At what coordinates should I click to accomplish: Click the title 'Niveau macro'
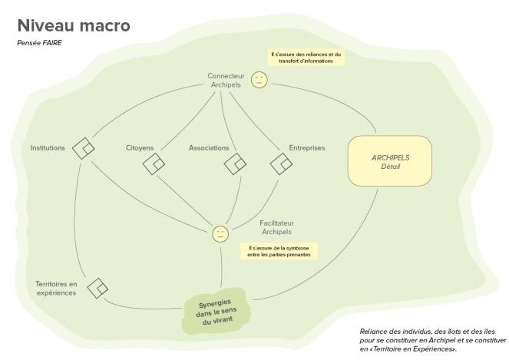[x=74, y=25]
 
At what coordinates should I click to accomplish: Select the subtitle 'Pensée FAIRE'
[x=39, y=43]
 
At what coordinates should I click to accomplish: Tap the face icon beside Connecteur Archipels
[x=259, y=80]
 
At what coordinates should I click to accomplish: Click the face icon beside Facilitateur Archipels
[x=220, y=233]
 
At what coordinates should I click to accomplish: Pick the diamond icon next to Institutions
[x=84, y=148]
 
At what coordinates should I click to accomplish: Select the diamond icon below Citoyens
[x=154, y=164]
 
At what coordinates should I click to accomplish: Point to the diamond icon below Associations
[x=235, y=164]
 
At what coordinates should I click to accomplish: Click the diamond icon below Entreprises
[x=281, y=164]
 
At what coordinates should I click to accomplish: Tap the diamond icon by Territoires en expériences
[x=98, y=288]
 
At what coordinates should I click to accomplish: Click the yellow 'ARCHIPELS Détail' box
[x=390, y=161]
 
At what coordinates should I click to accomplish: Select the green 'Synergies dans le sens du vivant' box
[x=216, y=312]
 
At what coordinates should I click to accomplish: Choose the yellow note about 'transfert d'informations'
[x=306, y=58]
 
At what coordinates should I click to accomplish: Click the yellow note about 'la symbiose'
[x=279, y=251]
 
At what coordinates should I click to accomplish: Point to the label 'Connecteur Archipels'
[x=226, y=80]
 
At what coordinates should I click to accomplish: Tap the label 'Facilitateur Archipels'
[x=277, y=227]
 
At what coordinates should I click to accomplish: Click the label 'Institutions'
[x=48, y=148]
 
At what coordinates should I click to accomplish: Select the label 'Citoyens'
[x=140, y=148]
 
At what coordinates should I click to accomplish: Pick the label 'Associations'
[x=209, y=148]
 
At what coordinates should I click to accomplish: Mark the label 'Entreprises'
[x=307, y=148]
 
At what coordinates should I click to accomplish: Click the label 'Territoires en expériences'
[x=57, y=289]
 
